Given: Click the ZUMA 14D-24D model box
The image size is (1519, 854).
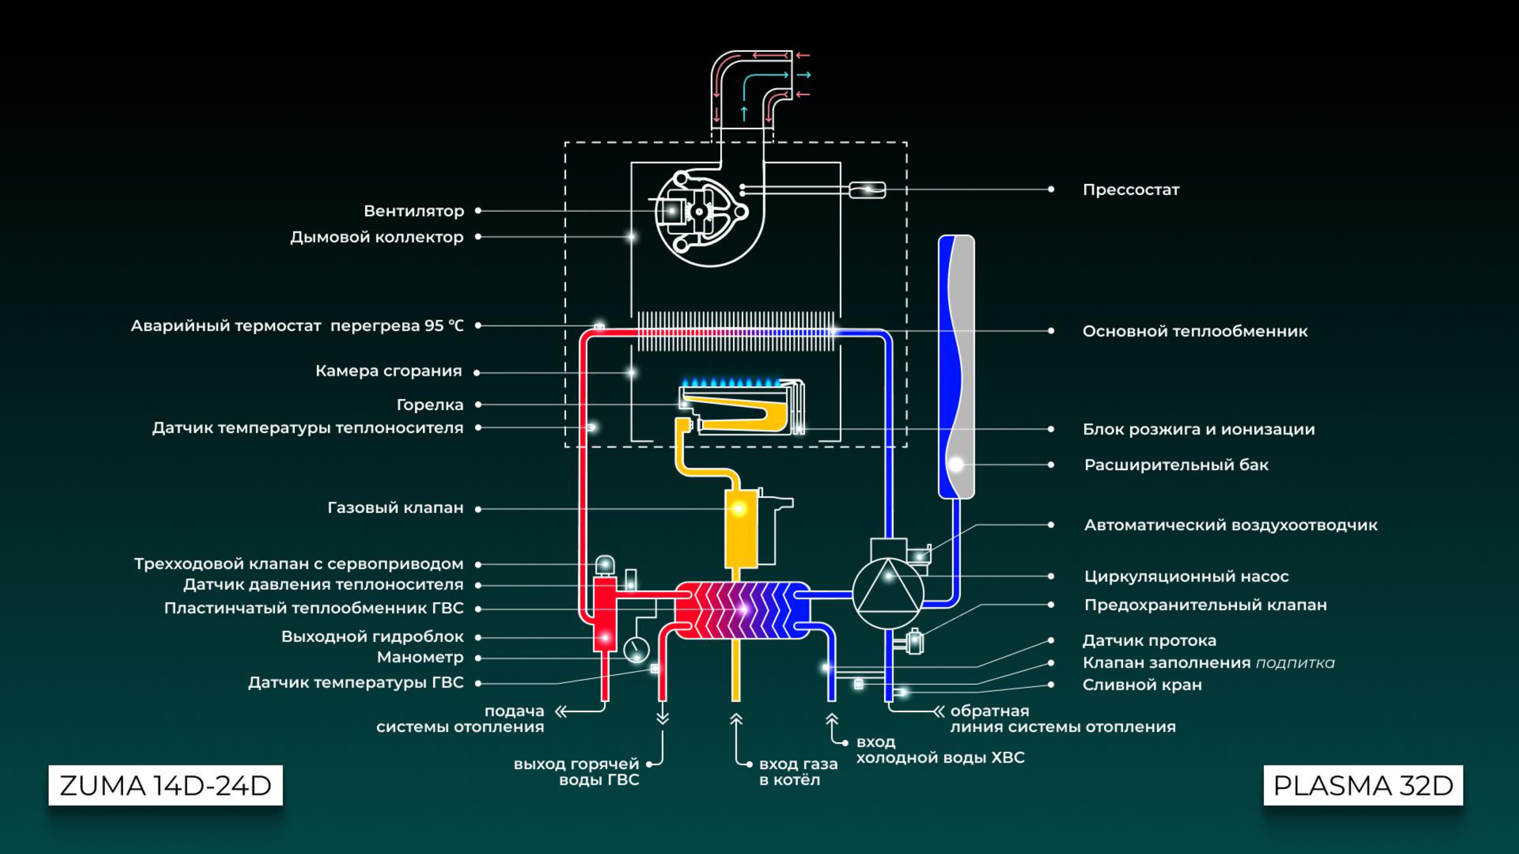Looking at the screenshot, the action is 166,785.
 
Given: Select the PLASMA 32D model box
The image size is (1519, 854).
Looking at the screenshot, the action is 1363,785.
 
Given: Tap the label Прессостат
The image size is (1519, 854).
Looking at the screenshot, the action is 1131,190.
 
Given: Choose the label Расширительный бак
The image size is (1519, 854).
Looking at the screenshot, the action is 1176,465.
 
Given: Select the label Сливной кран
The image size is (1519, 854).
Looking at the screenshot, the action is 1142,685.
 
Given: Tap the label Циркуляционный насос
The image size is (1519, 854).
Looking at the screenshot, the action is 1186,577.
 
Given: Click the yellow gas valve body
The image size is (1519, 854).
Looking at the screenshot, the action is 741,529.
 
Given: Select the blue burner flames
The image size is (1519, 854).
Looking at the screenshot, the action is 731,382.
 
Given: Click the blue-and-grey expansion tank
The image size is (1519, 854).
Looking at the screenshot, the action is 956,367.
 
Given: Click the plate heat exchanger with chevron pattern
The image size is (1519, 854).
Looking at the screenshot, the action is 742,610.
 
